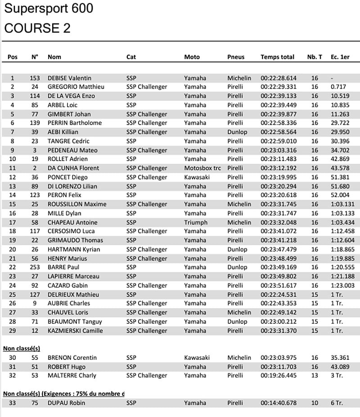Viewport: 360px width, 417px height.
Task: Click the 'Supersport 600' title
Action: pos(49,9)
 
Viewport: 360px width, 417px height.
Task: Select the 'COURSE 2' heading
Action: pos(37,28)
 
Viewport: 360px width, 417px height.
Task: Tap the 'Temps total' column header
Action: pos(277,57)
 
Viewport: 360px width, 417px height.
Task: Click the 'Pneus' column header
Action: pos(236,57)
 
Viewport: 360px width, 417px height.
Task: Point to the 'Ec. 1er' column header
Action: pos(340,57)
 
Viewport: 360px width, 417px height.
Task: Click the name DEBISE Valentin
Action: pos(69,78)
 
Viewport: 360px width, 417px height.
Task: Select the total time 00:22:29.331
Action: pos(279,87)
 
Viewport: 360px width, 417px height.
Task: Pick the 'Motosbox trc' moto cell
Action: pos(202,168)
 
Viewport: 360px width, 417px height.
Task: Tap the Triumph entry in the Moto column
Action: pos(196,222)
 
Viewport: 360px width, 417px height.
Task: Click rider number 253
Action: pos(35,267)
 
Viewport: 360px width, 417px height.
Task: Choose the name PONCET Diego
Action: pos(67,177)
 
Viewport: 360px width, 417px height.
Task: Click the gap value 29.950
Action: pos(340,132)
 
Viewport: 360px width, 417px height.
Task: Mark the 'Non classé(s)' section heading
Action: pos(22,348)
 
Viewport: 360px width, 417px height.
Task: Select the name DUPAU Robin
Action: pos(66,403)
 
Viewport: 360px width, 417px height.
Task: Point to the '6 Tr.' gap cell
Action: pos(337,403)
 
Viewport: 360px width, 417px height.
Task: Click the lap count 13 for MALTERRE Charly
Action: pos(315,376)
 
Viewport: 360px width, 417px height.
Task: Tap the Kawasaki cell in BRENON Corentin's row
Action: pos(197,358)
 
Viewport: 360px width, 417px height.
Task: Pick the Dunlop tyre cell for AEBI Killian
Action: pos(237,132)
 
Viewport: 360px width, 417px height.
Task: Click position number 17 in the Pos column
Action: pos(13,222)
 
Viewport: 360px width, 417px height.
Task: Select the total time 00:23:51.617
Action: pos(279,286)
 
